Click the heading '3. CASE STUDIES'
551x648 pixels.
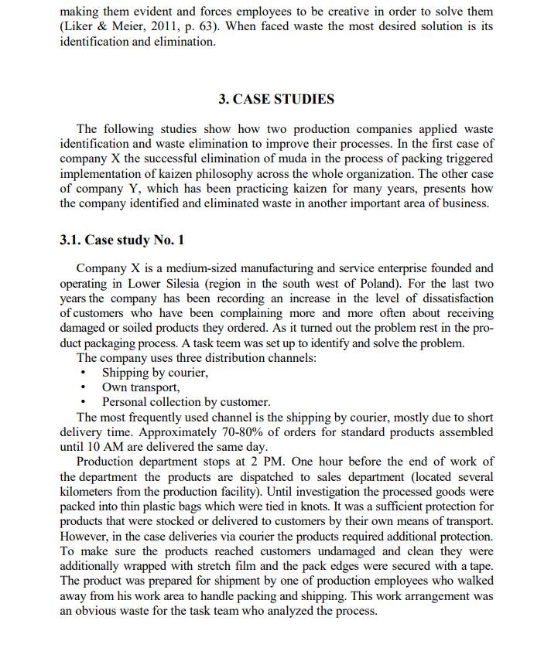pyautogui.click(x=276, y=99)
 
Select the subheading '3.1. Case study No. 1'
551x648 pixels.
pyautogui.click(x=121, y=239)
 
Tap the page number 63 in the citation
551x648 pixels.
pyautogui.click(x=205, y=28)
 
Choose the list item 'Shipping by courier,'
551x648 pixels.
pyautogui.click(x=155, y=373)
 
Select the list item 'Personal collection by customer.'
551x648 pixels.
pyautogui.click(x=186, y=402)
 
